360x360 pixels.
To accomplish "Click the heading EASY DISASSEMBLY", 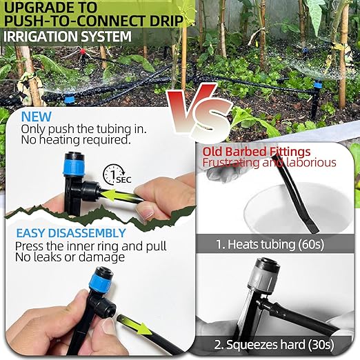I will click(x=71, y=233).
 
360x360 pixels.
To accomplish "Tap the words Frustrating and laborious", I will click(x=270, y=163).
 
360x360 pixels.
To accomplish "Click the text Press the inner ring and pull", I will click(x=93, y=246).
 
